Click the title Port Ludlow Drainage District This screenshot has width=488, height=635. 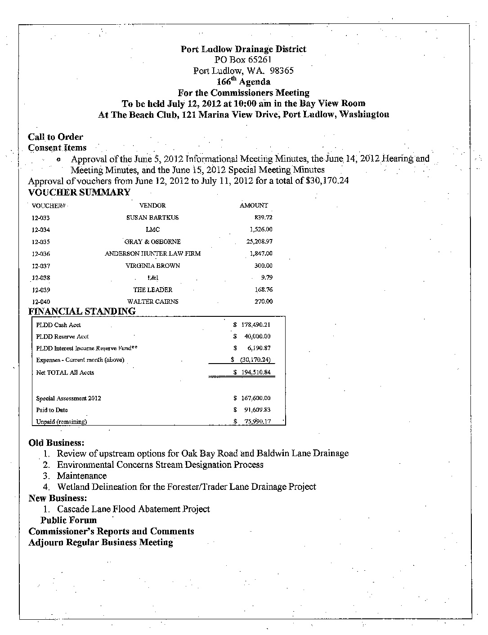243,49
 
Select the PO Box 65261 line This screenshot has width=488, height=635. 243,60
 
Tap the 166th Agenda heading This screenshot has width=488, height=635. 243,82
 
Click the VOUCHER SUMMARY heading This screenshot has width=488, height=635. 79,192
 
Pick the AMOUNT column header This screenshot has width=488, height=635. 254,205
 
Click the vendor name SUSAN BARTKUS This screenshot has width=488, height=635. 152,218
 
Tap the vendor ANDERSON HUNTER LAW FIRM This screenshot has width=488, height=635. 152,253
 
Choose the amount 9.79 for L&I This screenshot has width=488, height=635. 267,278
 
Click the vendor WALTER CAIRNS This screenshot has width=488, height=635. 152,302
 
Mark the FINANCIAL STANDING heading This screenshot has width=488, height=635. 82,311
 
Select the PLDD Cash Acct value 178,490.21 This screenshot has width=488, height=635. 255,324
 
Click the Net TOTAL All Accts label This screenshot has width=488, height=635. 65,373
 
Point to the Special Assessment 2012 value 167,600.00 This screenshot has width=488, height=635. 255,398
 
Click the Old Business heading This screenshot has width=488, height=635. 56,443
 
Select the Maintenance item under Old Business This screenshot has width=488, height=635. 82,475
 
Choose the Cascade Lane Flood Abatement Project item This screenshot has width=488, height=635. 133,509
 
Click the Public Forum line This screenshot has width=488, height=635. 68,520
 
